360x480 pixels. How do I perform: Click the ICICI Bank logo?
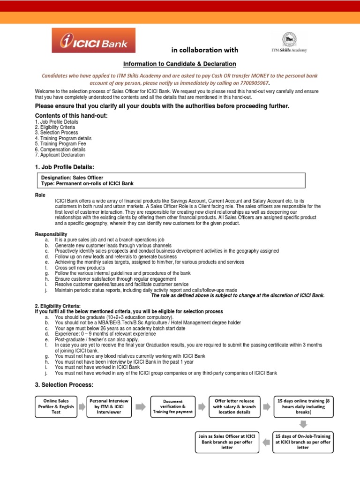click(x=93, y=41)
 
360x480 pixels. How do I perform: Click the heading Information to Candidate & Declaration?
click(x=180, y=64)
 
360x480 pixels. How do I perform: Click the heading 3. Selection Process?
click(x=64, y=385)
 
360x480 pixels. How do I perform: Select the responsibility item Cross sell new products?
click(x=80, y=268)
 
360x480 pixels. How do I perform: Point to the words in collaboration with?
click(x=205, y=50)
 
